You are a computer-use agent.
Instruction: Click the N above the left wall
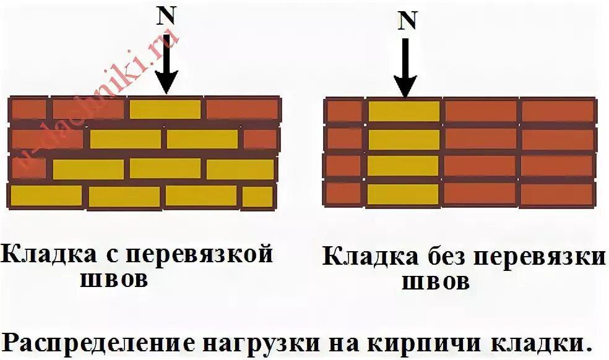[x=165, y=17]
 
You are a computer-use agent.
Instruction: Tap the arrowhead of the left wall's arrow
[x=166, y=82]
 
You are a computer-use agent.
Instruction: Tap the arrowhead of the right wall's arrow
[x=405, y=87]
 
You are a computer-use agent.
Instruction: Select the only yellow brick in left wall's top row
[x=165, y=109]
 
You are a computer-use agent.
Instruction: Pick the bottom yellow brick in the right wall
[x=404, y=194]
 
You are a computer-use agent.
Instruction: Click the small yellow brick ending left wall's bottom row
[x=257, y=197]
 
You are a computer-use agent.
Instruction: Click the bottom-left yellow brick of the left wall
[x=46, y=196]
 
